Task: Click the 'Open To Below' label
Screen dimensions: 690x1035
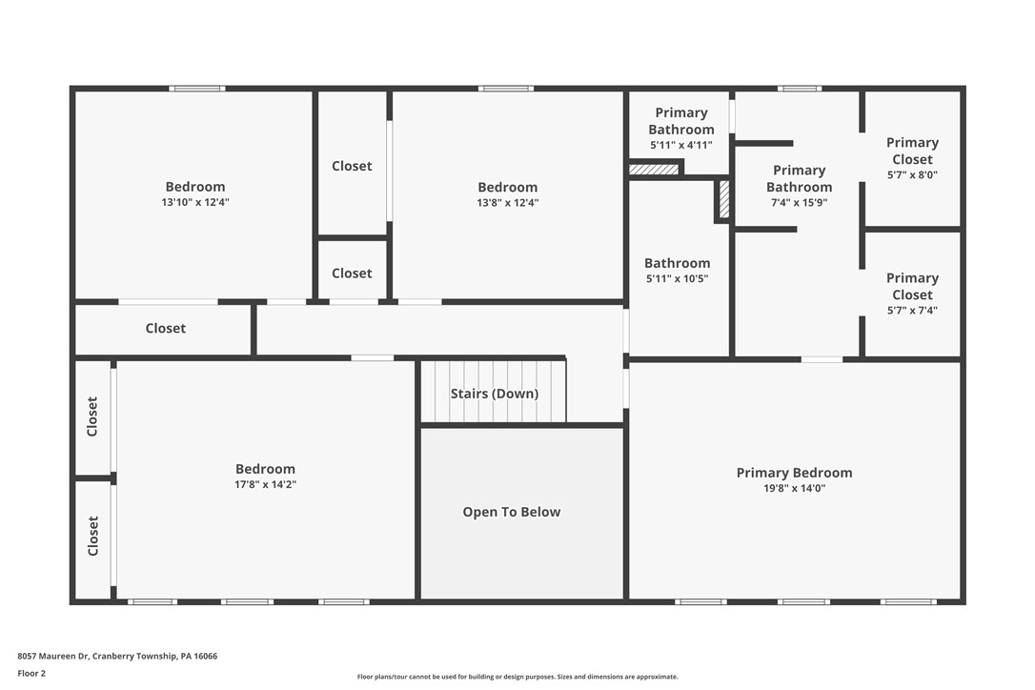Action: (x=512, y=512)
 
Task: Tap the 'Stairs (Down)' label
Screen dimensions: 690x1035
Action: (x=494, y=394)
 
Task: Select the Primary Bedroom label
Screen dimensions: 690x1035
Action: (x=794, y=473)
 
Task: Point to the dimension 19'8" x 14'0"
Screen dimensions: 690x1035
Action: (x=794, y=489)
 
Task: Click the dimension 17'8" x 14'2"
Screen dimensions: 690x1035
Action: (x=265, y=485)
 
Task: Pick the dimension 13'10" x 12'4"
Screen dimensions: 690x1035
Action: (x=195, y=203)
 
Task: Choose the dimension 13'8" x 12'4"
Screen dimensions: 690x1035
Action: (x=507, y=203)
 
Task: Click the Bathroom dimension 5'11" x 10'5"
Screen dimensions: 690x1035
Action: (x=677, y=279)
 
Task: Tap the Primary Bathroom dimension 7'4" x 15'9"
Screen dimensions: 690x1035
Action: (x=799, y=203)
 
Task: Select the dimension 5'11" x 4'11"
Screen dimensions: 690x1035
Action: (x=680, y=146)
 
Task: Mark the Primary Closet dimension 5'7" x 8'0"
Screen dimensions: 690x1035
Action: (x=912, y=175)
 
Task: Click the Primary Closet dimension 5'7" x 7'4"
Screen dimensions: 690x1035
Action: (x=912, y=311)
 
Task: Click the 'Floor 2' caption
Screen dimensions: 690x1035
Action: (x=31, y=673)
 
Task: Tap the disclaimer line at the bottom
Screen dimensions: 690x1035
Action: (x=517, y=677)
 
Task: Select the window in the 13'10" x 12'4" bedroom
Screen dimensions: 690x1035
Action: (x=197, y=89)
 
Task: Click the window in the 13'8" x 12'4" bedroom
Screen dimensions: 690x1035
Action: (x=506, y=89)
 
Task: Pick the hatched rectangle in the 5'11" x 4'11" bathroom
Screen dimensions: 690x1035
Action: (x=654, y=170)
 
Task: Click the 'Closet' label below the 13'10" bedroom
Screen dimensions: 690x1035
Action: (x=166, y=328)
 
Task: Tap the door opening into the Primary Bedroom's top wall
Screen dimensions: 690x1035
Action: (x=822, y=359)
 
